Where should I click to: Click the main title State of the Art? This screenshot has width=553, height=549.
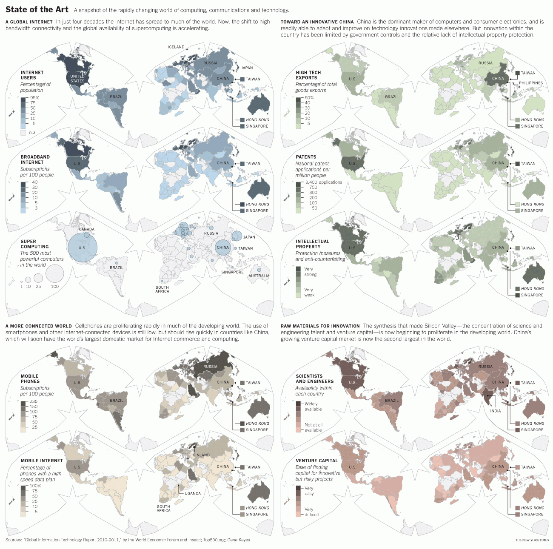click(37, 9)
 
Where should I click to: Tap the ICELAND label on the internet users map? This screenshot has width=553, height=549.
click(176, 47)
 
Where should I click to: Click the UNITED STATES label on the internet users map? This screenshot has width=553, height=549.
click(77, 79)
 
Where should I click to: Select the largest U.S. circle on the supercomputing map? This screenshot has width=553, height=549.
click(83, 247)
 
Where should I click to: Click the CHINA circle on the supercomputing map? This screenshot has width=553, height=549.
click(222, 247)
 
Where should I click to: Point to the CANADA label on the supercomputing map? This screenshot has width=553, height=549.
click(87, 229)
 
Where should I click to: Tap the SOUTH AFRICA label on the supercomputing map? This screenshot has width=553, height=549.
click(162, 289)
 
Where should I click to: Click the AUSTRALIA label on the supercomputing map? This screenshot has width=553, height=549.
click(259, 276)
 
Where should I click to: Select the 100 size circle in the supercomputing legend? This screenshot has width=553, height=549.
click(55, 273)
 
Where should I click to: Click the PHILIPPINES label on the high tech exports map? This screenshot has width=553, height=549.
click(531, 83)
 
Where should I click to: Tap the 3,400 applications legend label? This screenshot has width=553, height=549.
click(324, 182)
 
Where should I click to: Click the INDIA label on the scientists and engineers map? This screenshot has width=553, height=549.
click(496, 411)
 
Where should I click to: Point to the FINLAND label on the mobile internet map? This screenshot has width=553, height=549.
click(201, 455)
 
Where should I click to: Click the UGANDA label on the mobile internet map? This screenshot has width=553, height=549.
click(193, 493)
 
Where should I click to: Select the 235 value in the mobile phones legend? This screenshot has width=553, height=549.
click(34, 401)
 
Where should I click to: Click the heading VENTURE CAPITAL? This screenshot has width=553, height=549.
click(317, 461)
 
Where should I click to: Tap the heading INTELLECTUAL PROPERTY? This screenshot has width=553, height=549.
click(313, 244)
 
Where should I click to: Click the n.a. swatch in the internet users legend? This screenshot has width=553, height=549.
click(23, 133)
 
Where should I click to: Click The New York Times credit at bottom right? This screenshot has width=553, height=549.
click(532, 540)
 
